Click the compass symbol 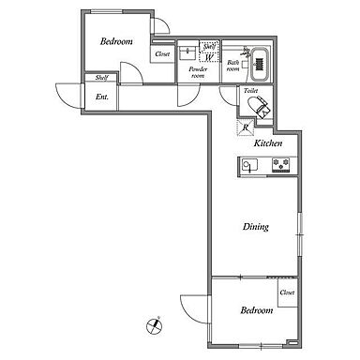click(x=155, y=326)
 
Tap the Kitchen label click(x=268, y=143)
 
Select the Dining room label click(x=256, y=227)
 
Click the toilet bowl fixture click(x=258, y=106)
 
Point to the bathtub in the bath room click(x=259, y=64)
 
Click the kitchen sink click(x=249, y=165)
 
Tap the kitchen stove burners click(x=280, y=165)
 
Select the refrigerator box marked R click(x=246, y=127)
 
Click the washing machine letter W click(x=209, y=57)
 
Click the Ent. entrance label click(x=102, y=97)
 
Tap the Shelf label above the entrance click(x=101, y=78)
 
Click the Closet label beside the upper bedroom click(x=162, y=54)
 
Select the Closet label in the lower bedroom click(x=287, y=292)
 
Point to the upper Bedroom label click(x=116, y=41)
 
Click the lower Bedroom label click(x=257, y=310)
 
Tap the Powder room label click(x=198, y=72)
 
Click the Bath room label click(x=232, y=66)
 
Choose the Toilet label click(x=250, y=91)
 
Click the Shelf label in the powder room click(x=209, y=47)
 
